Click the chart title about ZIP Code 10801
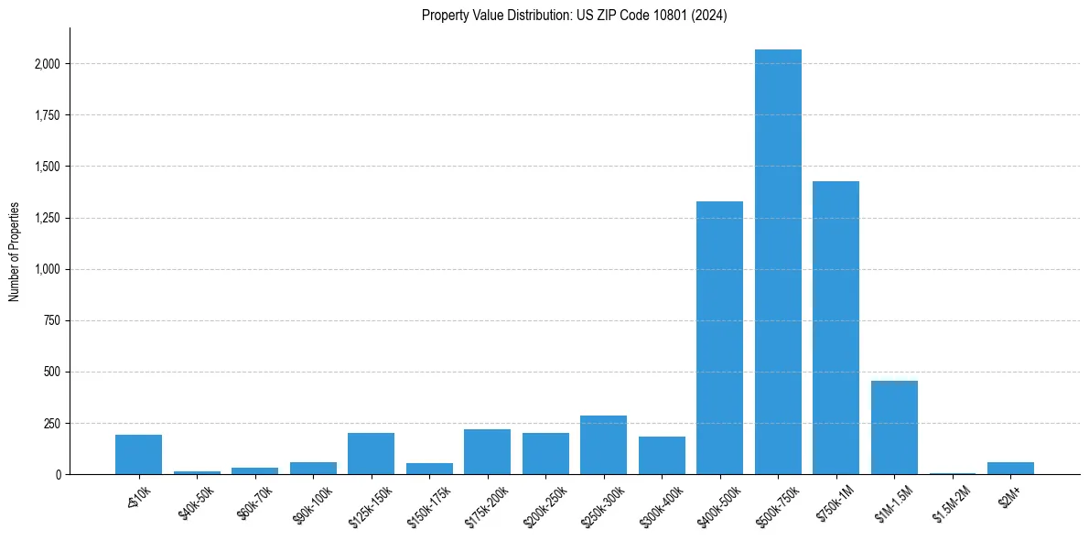click(574, 16)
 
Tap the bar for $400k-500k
click(719, 338)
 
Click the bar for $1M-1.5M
click(894, 427)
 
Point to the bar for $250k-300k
click(603, 445)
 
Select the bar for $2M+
click(1010, 468)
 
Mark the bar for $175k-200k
click(487, 451)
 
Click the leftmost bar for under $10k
click(138, 454)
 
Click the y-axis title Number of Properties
click(15, 251)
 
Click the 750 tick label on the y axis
click(50, 320)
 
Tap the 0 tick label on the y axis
click(58, 474)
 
